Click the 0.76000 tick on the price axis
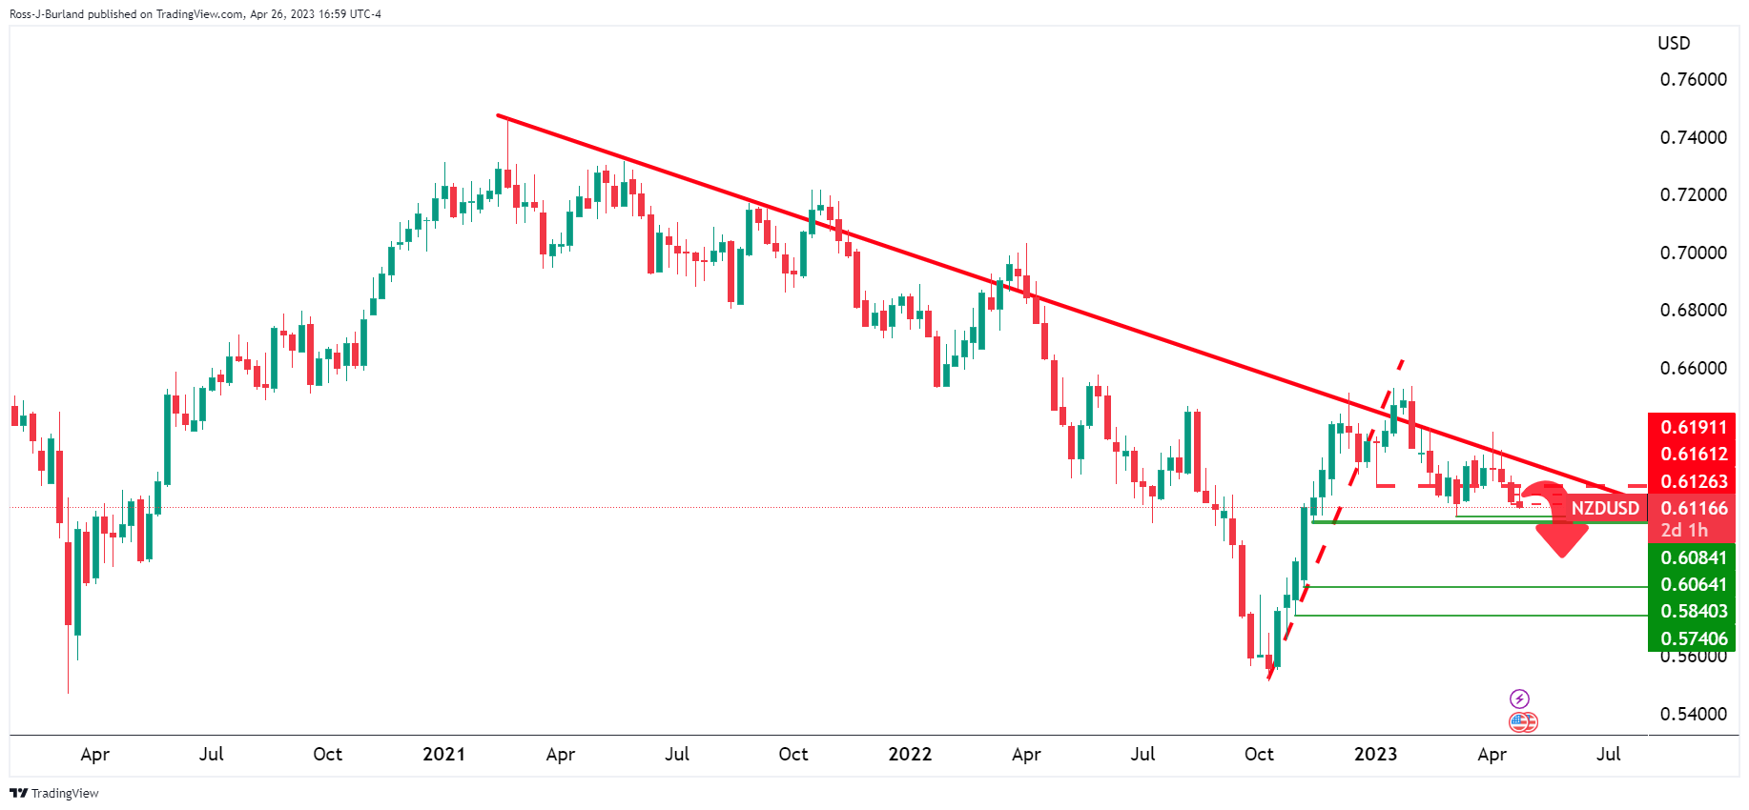[1693, 80]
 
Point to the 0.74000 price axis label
[1693, 137]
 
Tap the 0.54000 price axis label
[1693, 714]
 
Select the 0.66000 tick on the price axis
[1693, 368]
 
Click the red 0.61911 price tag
[1693, 427]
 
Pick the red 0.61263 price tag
[1693, 481]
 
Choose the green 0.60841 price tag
[1693, 557]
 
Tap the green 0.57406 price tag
[1693, 638]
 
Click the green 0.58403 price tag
[1693, 611]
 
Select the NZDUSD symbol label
[1605, 508]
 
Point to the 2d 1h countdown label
[1684, 530]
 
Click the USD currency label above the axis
[1674, 44]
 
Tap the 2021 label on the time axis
[443, 754]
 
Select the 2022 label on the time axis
[910, 754]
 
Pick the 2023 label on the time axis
[1375, 754]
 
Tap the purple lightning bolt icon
[1520, 699]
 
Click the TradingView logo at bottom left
[54, 793]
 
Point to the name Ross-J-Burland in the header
[47, 14]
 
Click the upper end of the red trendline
[498, 115]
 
